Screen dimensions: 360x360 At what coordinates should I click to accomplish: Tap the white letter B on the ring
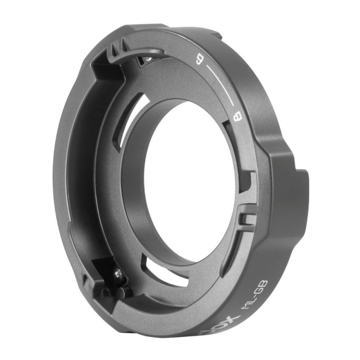(x=237, y=117)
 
